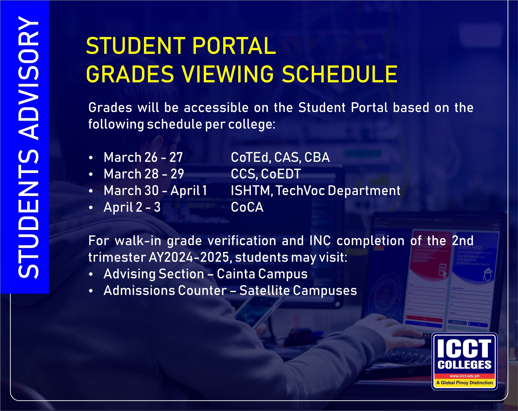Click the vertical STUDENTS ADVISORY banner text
[x=28, y=147]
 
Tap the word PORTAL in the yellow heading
[x=234, y=46]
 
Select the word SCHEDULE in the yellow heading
[x=339, y=74]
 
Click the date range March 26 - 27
[x=143, y=157]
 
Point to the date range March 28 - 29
[x=144, y=174]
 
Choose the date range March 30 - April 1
[x=155, y=190]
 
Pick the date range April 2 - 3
[x=132, y=207]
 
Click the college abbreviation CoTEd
[x=251, y=158]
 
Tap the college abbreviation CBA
[x=317, y=157]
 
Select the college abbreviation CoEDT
[x=281, y=174]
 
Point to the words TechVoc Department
[x=338, y=191]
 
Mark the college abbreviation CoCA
[x=247, y=207]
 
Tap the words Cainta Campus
[x=262, y=274]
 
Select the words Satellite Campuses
[x=298, y=291]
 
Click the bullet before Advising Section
[x=91, y=274]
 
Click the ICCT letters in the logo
[x=464, y=349]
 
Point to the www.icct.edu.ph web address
[x=465, y=376]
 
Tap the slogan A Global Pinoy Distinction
[x=465, y=383]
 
